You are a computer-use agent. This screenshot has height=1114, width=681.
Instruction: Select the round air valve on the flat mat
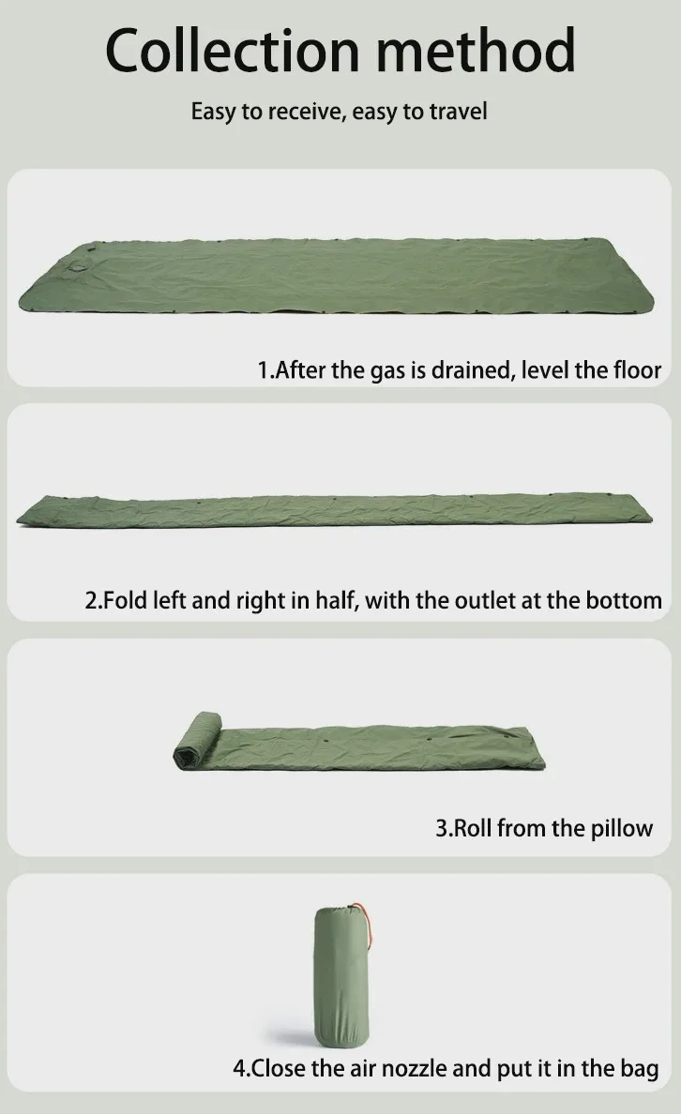click(78, 268)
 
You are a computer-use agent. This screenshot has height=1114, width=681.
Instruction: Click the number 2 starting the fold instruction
click(90, 601)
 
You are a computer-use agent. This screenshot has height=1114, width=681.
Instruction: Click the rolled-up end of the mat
click(197, 740)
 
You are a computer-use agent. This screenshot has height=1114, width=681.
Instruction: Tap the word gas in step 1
click(386, 371)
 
